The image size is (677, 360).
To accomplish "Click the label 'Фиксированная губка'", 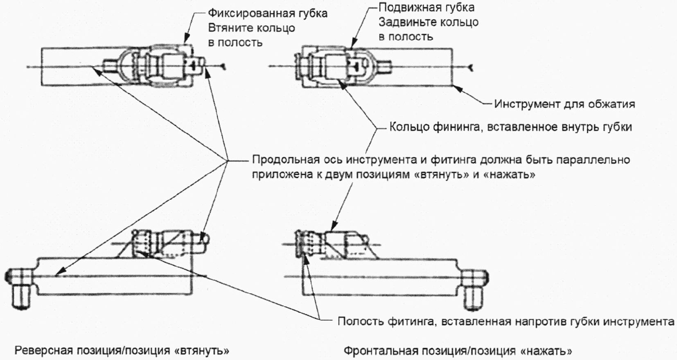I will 267,14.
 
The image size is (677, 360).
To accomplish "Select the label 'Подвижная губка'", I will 427,7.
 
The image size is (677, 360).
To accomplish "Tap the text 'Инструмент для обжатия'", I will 564,104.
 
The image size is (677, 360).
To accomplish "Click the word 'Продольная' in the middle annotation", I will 285,159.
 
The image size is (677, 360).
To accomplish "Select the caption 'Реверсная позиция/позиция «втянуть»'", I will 122,351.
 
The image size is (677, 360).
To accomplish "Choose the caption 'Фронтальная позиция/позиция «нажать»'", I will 458,351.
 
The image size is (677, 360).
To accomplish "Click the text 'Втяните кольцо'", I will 251,28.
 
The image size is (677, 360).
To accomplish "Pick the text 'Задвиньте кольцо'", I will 428,22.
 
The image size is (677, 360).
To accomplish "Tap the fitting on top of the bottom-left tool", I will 168,244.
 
